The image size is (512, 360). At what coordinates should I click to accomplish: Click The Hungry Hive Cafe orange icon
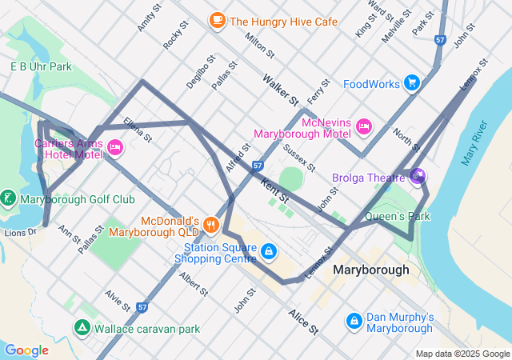click(217, 21)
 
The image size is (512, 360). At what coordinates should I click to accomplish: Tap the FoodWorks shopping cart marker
click(412, 82)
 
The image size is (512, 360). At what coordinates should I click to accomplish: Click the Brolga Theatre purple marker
click(416, 175)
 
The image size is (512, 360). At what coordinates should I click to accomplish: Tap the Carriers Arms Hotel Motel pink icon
click(115, 146)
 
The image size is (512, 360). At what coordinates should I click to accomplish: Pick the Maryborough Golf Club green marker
click(8, 198)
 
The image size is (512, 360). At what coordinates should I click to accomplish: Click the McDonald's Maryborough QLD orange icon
click(211, 224)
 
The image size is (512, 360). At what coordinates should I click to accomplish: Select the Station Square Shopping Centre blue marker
click(268, 252)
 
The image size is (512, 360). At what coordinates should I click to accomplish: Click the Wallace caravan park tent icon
click(82, 327)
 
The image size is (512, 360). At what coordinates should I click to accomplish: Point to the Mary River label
click(475, 143)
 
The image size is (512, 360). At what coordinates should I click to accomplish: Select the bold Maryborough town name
click(370, 270)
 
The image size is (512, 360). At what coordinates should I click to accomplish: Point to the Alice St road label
click(303, 322)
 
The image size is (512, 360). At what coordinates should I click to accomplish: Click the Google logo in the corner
click(26, 350)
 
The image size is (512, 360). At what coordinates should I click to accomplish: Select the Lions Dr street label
click(20, 232)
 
